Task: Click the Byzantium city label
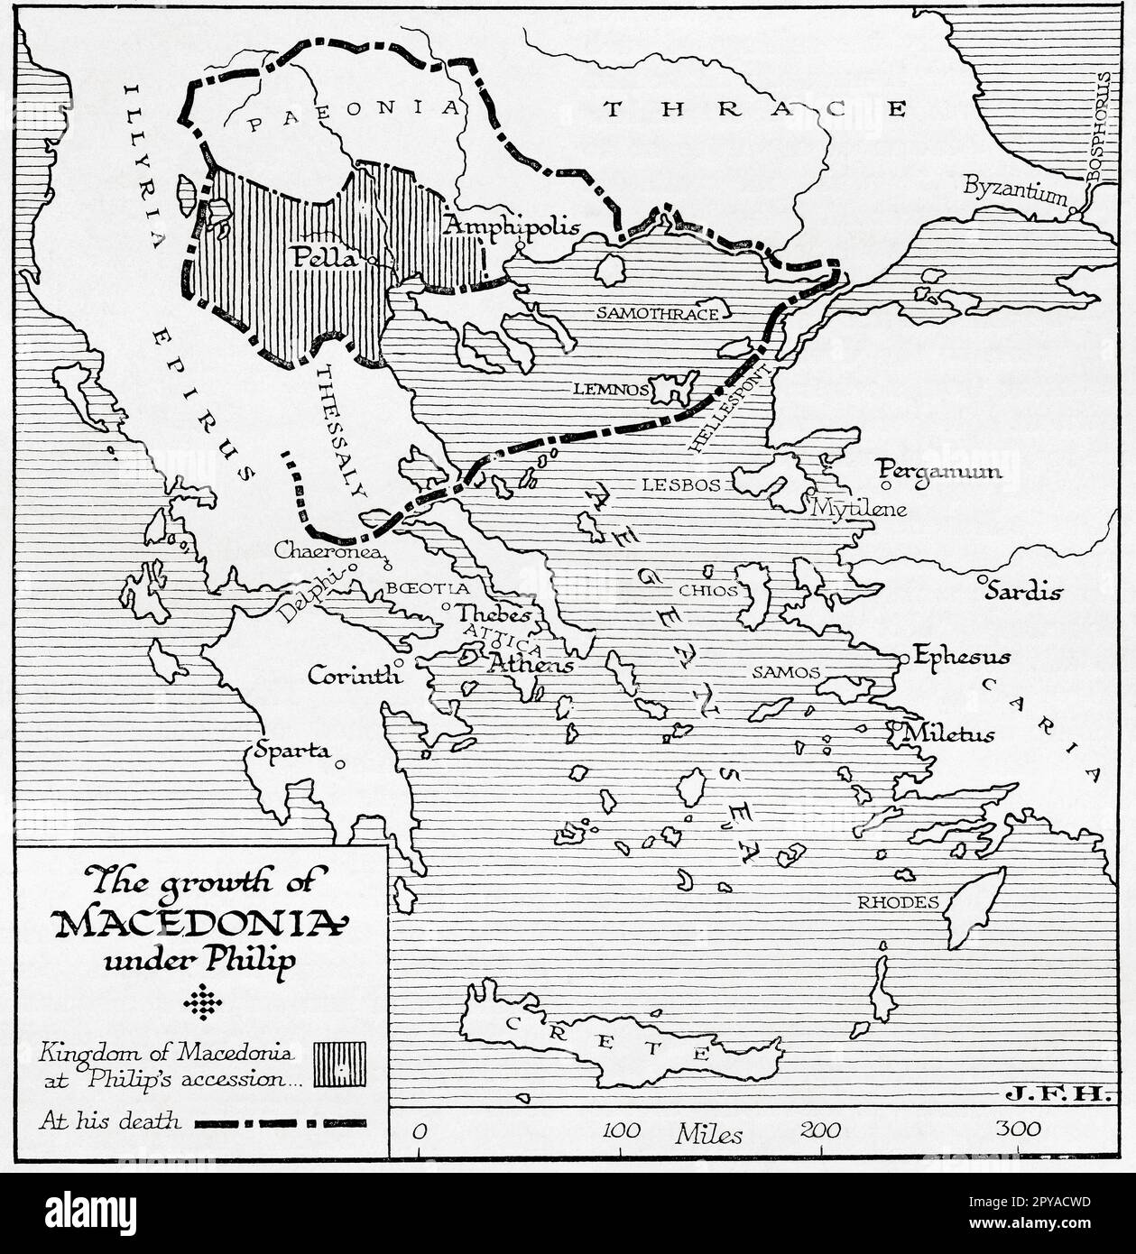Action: coord(1015,189)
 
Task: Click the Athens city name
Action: coord(531,665)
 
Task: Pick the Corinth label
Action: coord(355,675)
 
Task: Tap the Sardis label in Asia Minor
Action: coord(1023,592)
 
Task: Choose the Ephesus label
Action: coord(961,657)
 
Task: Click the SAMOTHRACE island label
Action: coord(657,313)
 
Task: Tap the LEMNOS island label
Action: coord(609,390)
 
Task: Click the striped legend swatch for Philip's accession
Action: coord(339,1065)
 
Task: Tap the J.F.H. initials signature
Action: coord(1055,1094)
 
